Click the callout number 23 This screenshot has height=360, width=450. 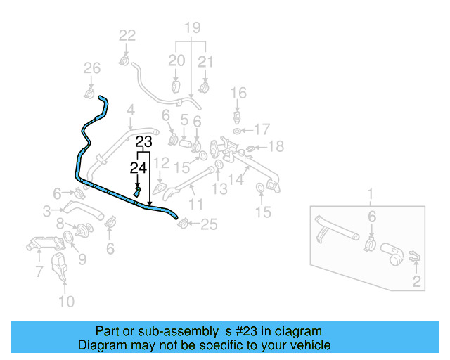tap(143, 141)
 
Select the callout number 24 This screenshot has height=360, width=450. tap(138, 167)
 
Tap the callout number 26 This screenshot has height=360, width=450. tap(92, 68)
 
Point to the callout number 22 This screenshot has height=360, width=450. tap(127, 35)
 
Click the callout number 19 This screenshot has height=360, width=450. tap(192, 28)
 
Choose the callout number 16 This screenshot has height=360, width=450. tap(238, 93)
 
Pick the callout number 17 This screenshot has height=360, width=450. tap(262, 129)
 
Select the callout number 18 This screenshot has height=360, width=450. tap(276, 146)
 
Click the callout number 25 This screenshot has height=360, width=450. tap(210, 225)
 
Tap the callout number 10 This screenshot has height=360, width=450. tap(65, 302)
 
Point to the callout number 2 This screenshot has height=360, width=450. tap(416, 283)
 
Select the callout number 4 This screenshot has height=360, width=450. tap(130, 110)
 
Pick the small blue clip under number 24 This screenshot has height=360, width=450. tap(139, 191)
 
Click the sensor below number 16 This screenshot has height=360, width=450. tap(239, 115)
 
